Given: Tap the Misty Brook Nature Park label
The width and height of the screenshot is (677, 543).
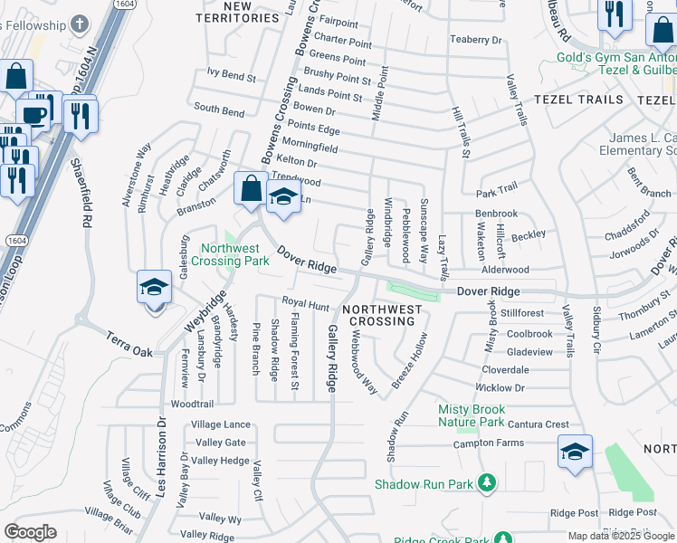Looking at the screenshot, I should point(471,415).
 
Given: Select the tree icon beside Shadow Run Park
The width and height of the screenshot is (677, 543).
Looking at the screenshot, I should point(488,482).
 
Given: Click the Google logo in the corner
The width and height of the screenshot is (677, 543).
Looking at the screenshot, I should point(30,532).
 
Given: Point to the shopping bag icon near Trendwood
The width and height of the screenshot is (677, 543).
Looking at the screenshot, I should point(250,188).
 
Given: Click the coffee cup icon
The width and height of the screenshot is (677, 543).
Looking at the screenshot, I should point(33,116).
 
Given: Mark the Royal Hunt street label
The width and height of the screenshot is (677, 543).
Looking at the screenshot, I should point(305,306).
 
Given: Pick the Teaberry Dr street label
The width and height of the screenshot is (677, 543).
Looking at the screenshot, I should point(475,40).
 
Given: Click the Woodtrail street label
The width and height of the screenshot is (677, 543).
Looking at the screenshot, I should point(192,405).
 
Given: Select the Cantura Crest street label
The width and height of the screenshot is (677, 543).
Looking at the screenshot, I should point(538,424).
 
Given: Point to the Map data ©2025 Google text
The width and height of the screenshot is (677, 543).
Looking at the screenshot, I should point(621,536).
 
